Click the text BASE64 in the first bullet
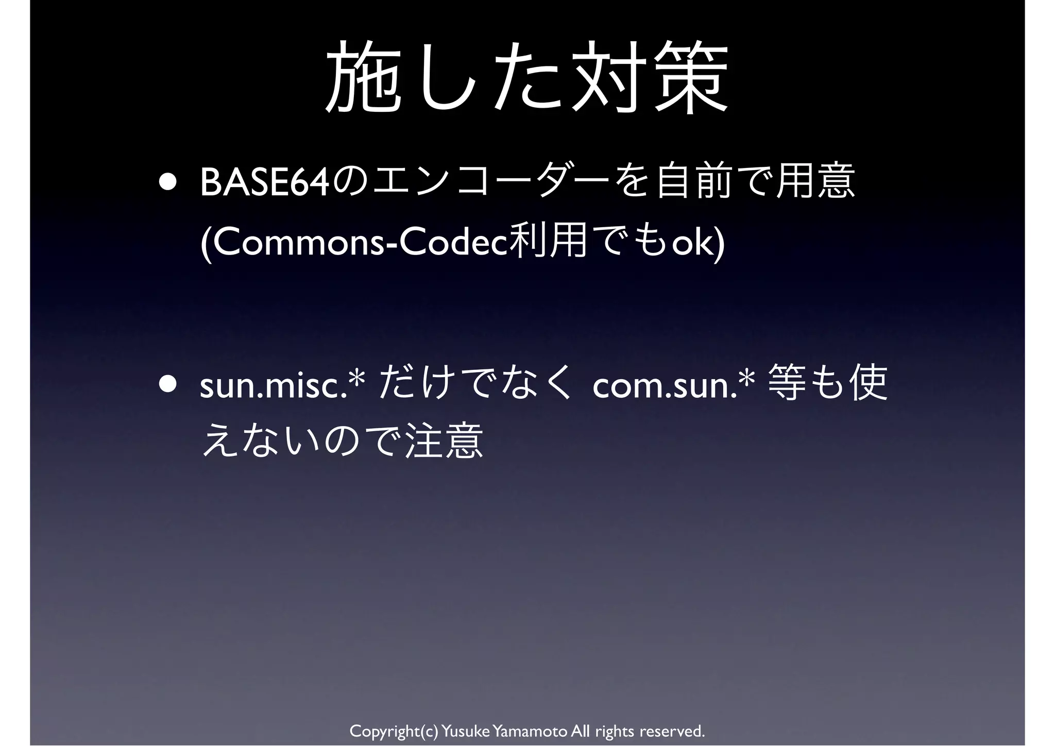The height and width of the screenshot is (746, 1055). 264,182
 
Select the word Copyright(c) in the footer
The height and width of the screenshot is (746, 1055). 394,731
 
